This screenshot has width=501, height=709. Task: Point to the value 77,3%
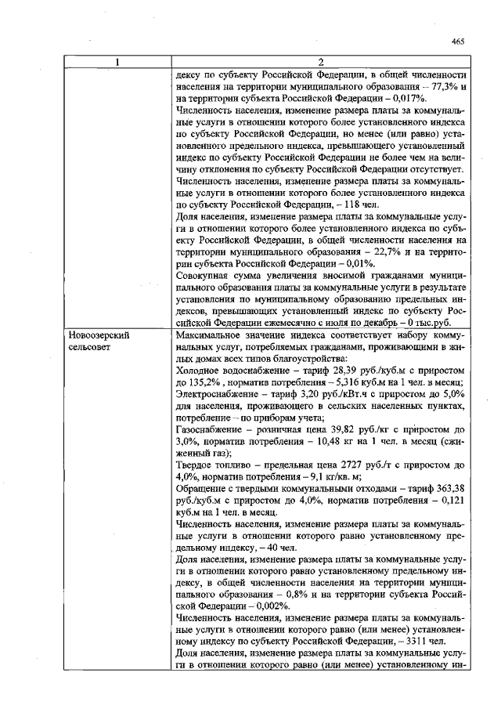pos(439,87)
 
